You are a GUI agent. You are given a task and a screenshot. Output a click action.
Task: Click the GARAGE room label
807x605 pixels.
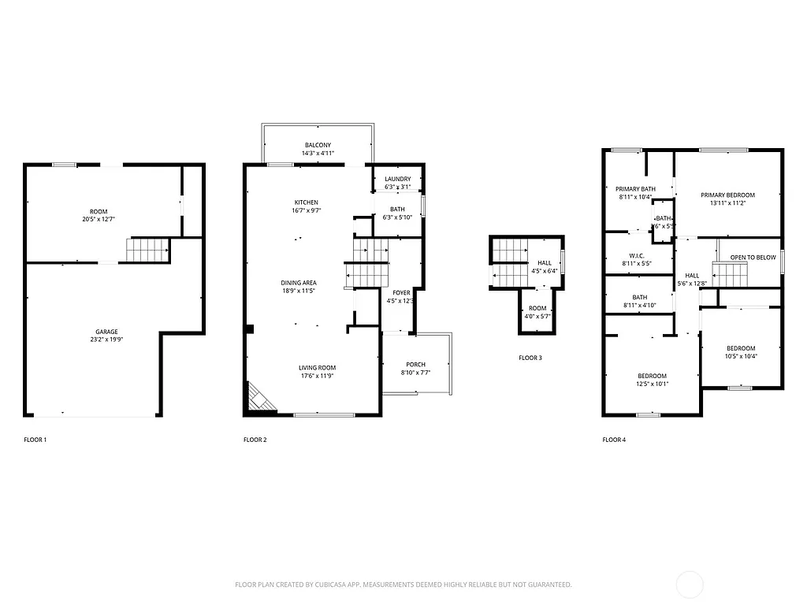point(99,332)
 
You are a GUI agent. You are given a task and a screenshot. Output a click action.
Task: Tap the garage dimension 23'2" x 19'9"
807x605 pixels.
point(99,340)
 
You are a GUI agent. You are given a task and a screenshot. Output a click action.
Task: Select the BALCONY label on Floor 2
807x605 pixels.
point(318,145)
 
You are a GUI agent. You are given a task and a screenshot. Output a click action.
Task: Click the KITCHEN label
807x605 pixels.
point(306,202)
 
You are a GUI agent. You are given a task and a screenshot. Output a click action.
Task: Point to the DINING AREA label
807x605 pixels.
point(299,283)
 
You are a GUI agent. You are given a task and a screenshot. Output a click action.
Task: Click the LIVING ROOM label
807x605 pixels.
point(317,368)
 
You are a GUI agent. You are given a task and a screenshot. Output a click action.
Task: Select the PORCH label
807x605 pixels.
point(415,365)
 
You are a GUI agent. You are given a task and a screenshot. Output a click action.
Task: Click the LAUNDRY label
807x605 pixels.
point(397,180)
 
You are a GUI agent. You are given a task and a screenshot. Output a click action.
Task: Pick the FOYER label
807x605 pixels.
point(400,292)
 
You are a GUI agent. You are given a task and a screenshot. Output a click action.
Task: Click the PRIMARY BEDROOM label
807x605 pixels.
point(727,195)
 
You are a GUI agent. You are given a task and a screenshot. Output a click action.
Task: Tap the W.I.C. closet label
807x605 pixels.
point(637,255)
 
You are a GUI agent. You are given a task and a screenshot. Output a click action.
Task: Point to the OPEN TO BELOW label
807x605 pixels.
point(753,258)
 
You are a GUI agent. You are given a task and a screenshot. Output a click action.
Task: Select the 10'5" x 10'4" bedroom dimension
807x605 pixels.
point(740,356)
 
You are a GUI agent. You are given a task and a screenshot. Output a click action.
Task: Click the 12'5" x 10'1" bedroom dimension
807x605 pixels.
point(652,384)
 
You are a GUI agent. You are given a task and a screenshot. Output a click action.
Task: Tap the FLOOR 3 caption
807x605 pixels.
point(530,358)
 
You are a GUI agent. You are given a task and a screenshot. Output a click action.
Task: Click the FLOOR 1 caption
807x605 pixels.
point(35,440)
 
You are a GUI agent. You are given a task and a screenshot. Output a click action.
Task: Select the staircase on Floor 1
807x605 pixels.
point(148,250)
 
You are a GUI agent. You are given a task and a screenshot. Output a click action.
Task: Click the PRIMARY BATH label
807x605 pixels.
point(635,189)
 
